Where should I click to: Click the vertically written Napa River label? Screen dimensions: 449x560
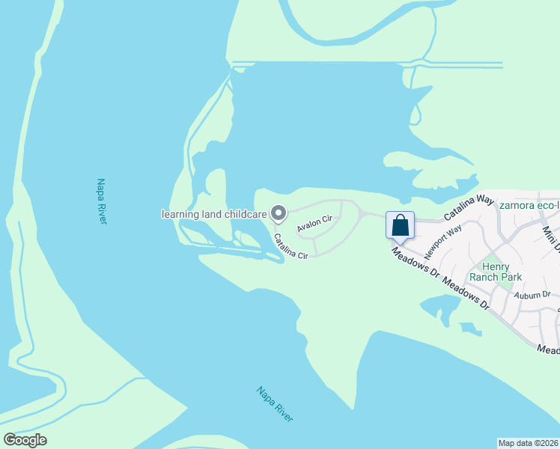[x=102, y=201]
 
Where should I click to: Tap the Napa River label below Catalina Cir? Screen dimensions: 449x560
[x=275, y=404]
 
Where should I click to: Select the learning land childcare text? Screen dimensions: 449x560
[x=214, y=215]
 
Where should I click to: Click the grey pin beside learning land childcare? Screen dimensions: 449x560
[x=279, y=214]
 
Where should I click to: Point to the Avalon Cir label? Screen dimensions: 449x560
[x=314, y=224]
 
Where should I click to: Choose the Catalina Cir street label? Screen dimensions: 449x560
[x=290, y=247]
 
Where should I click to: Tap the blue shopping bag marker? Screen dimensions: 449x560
[x=400, y=224]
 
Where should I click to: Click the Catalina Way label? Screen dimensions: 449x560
[x=469, y=208]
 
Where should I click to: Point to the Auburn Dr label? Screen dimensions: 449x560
[x=532, y=295]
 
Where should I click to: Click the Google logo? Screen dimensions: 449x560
[x=25, y=440]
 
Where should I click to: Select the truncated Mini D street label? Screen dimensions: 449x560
[x=550, y=239]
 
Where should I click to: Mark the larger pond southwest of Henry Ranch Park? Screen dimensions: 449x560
[x=442, y=308]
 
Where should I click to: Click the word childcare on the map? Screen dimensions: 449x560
[x=243, y=215]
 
